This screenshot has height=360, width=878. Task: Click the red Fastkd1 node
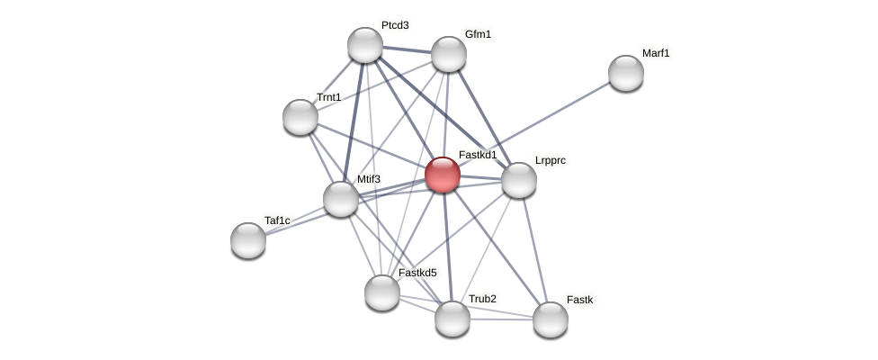tap(443, 175)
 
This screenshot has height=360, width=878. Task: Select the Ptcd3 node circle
tap(365, 45)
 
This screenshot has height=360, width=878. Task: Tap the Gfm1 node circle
tap(449, 54)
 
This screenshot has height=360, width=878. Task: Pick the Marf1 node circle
tap(626, 73)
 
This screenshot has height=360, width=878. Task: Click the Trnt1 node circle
tap(300, 117)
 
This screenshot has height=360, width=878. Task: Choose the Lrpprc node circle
tap(519, 180)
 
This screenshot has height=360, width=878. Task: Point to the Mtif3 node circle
tap(341, 199)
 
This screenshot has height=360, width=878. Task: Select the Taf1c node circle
tap(248, 240)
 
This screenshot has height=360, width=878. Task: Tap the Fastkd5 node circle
tap(382, 292)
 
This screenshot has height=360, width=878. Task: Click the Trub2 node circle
tap(452, 319)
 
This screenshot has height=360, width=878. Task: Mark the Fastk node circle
tap(551, 319)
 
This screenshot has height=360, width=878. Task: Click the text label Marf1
tap(656, 53)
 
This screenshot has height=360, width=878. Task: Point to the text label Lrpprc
tap(551, 160)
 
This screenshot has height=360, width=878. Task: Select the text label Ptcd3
tap(395, 25)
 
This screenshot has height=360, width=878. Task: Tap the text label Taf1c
tap(277, 220)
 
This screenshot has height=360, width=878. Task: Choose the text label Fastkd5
tap(417, 273)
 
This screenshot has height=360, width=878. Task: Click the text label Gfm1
tap(479, 34)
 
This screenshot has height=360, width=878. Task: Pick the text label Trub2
tap(482, 299)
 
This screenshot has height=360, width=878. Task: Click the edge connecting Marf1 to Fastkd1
tap(558, 111)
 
